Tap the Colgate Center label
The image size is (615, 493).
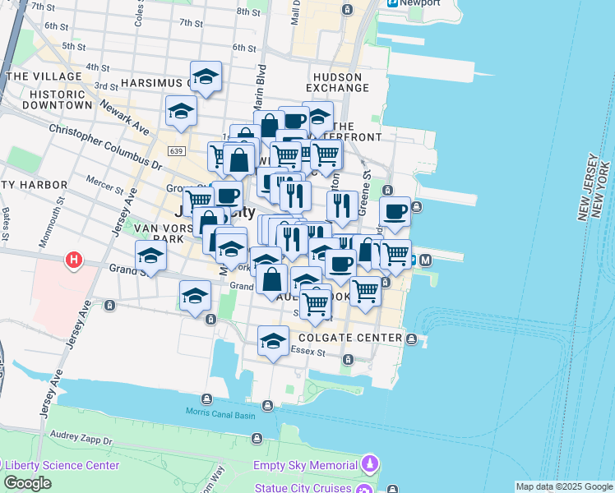tap(350, 339)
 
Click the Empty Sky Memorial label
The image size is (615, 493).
tap(304, 466)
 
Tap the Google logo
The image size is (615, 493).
tap(27, 483)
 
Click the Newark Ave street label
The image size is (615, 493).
tap(126, 118)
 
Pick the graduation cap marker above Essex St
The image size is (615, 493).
tap(273, 341)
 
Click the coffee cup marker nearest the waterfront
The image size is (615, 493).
tap(395, 212)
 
